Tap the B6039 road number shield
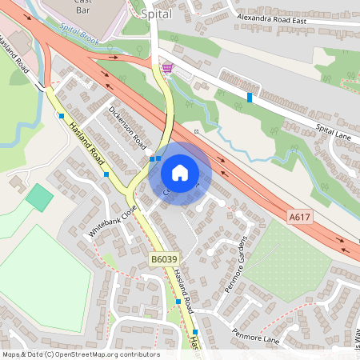163,258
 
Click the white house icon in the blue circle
180,172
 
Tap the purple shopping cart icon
168,69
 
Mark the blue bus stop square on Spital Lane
250,98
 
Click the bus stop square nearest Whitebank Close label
106,174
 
